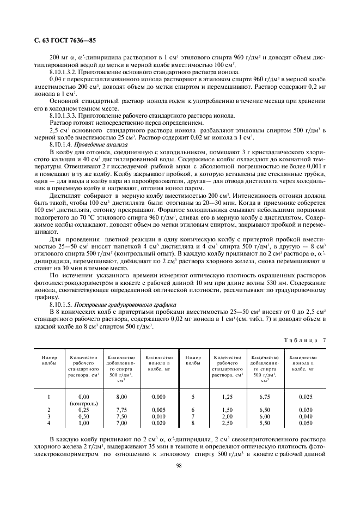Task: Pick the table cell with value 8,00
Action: click(121, 398)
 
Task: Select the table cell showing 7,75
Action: click(121, 410)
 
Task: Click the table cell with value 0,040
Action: click(306, 416)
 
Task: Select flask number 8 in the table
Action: click(193, 422)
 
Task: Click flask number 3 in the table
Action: click(49, 416)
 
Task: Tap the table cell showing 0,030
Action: click(306, 410)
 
